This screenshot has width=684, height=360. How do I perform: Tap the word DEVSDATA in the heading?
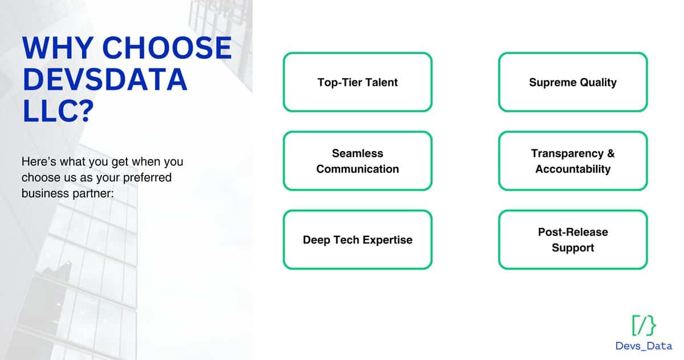tap(105, 80)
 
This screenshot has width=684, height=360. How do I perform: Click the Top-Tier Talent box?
tap(357, 82)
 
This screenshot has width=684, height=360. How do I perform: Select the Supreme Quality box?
tap(573, 82)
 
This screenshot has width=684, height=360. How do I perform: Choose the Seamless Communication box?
tap(357, 161)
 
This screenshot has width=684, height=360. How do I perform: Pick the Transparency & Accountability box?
tap(573, 161)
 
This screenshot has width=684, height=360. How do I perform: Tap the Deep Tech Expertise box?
tap(357, 240)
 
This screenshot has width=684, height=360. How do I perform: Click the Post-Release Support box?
tap(573, 240)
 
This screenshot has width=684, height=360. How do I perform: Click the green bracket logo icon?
tap(644, 325)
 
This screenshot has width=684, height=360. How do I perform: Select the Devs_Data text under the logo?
tap(644, 346)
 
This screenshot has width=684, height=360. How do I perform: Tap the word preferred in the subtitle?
tap(148, 178)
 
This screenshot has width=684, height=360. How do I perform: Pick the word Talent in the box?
tap(381, 82)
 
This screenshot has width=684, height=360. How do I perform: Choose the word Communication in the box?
tap(357, 169)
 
